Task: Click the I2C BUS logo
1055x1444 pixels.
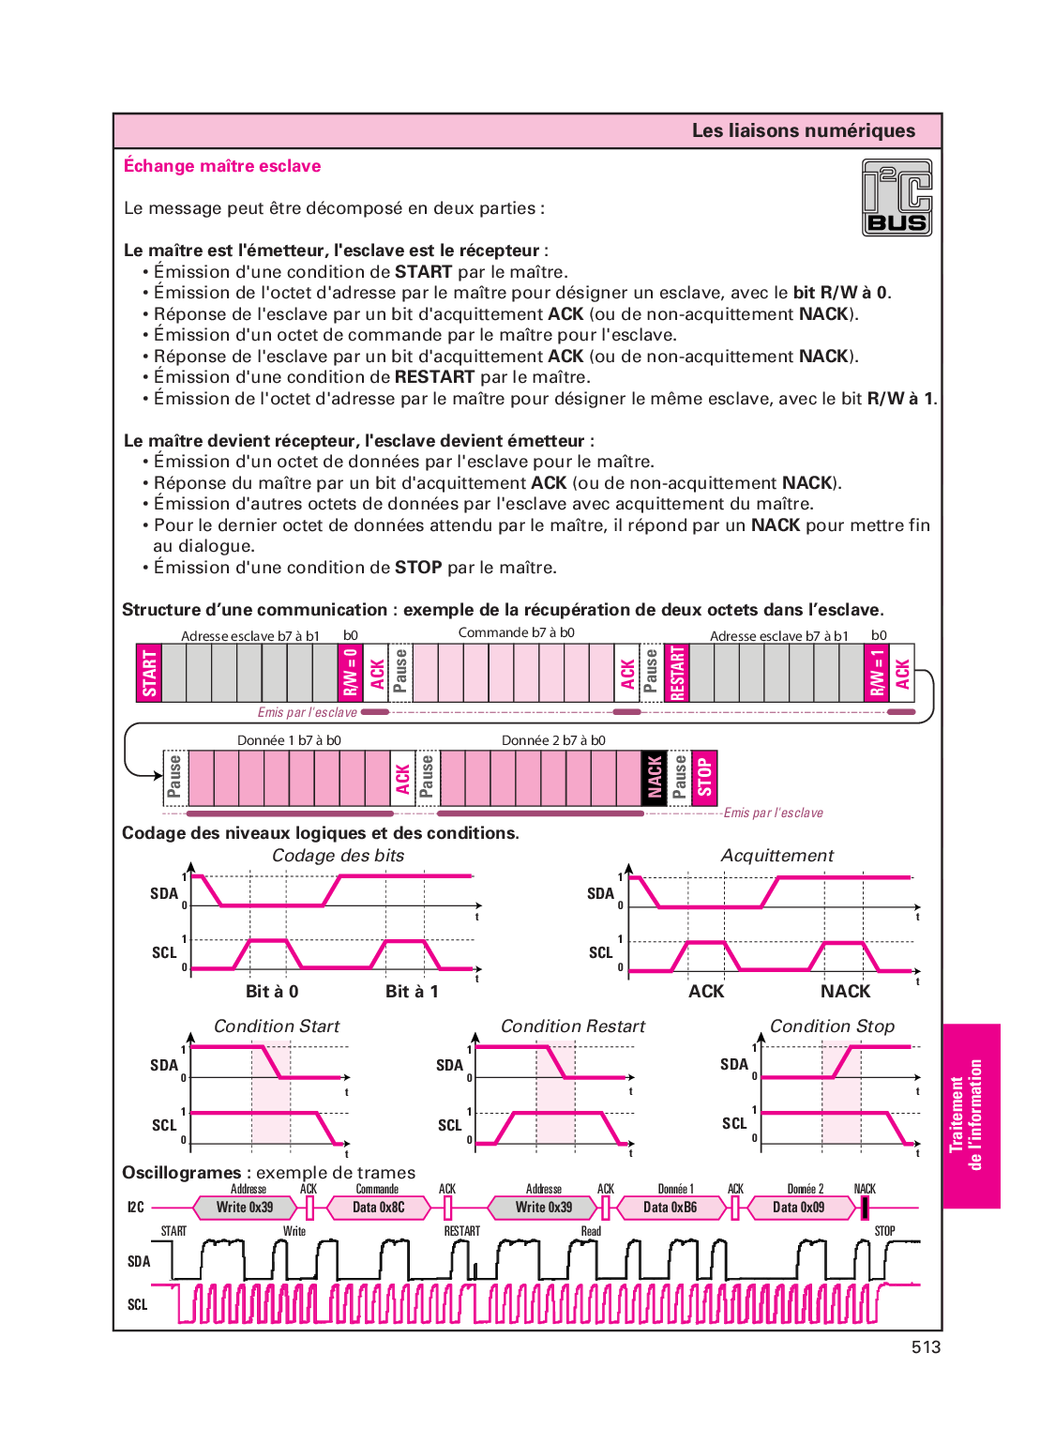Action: click(897, 197)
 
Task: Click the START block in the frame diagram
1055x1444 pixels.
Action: click(149, 673)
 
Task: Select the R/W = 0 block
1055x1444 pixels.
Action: click(351, 673)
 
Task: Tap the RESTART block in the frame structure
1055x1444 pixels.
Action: click(677, 673)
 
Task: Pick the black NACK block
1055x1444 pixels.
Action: click(655, 778)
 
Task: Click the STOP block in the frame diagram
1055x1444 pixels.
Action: click(704, 778)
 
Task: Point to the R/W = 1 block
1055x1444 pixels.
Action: click(877, 673)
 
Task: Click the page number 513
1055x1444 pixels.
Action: click(927, 1346)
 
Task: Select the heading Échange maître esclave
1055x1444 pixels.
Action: click(222, 166)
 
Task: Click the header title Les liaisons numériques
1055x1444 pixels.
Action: click(804, 130)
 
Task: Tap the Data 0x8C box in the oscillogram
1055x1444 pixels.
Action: click(379, 1208)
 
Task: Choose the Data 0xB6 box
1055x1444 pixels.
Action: click(671, 1208)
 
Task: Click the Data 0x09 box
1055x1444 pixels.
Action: click(799, 1208)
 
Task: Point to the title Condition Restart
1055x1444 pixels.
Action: click(573, 1026)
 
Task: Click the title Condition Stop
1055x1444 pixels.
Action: click(832, 1026)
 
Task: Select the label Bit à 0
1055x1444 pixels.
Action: click(272, 992)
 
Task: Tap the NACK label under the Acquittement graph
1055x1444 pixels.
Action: click(845, 992)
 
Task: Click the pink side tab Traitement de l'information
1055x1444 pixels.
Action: click(972, 1116)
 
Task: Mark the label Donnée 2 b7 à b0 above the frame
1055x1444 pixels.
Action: click(553, 740)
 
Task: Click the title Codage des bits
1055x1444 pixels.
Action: click(339, 856)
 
